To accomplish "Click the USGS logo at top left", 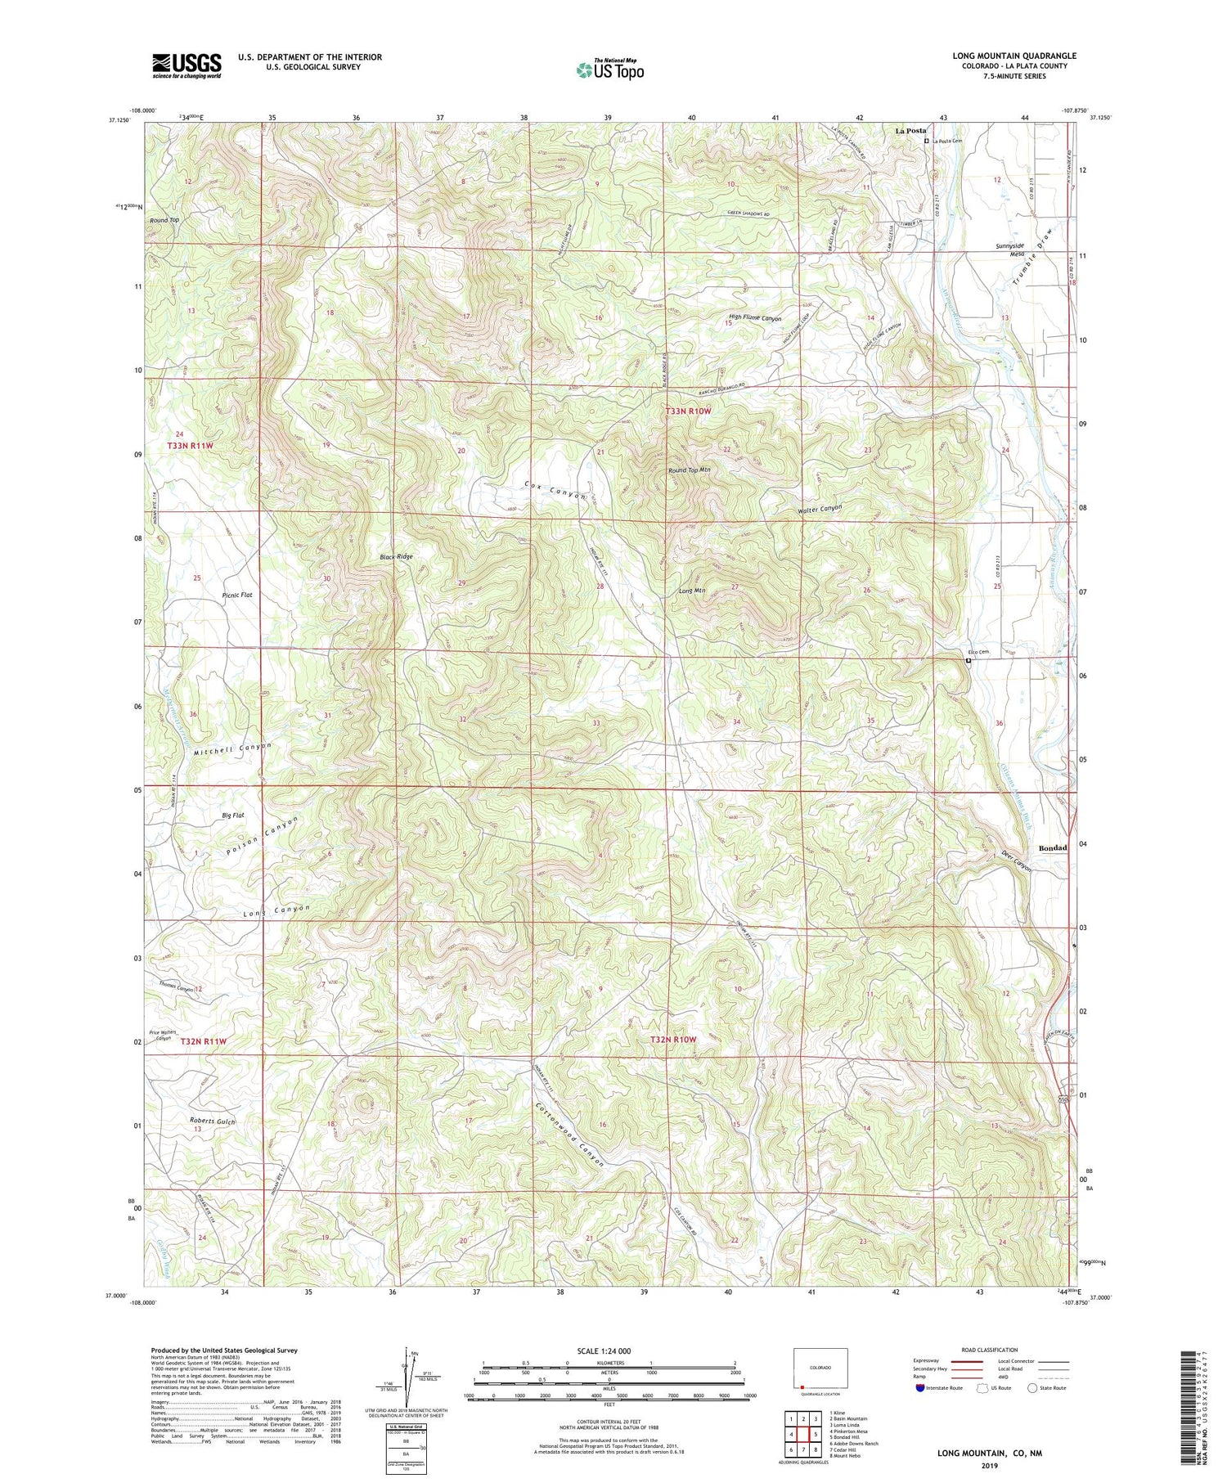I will pyautogui.click(x=187, y=65).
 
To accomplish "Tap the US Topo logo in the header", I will pyautogui.click(x=609, y=70).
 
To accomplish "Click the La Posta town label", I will pyautogui.click(x=910, y=131).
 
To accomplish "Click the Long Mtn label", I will pyautogui.click(x=692, y=591).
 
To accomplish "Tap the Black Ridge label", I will pyautogui.click(x=396, y=556).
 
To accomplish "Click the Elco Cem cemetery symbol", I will pyautogui.click(x=969, y=660).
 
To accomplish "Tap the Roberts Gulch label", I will pyautogui.click(x=212, y=1121).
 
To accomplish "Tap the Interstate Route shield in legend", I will pyautogui.click(x=921, y=1387).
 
